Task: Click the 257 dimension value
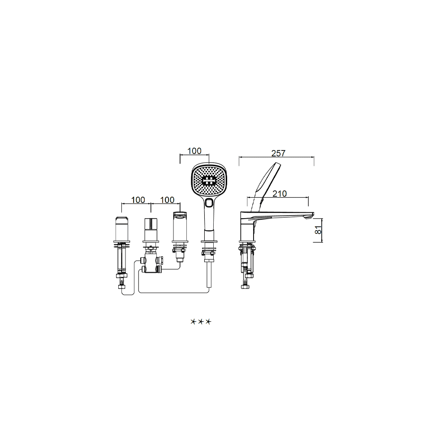click(278, 153)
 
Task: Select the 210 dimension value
click(280, 194)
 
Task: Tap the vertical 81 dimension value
click(318, 230)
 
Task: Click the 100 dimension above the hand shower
click(194, 151)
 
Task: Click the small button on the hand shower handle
click(209, 203)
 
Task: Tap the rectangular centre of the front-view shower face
click(209, 180)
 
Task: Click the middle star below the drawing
click(201, 322)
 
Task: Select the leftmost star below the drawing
click(194, 322)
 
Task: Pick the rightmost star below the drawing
click(208, 322)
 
